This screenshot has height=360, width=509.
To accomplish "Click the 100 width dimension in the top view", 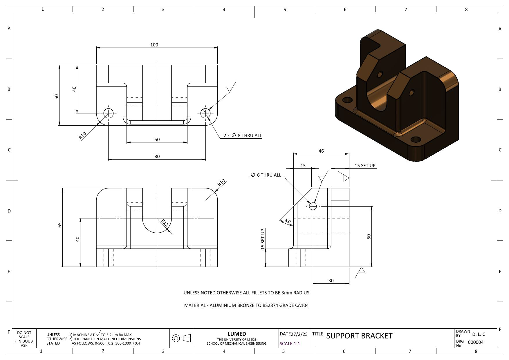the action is (154, 45).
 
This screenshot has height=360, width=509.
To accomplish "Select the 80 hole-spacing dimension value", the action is (157, 156).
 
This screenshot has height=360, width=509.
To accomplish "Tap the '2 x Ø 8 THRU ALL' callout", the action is (243, 135).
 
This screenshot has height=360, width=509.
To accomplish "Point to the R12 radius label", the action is (165, 223).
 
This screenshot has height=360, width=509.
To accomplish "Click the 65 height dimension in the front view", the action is (60, 225).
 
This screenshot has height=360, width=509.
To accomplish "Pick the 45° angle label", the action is (288, 221).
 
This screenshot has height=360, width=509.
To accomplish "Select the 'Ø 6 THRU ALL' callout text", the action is (266, 175).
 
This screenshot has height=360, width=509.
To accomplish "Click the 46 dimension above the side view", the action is (321, 151).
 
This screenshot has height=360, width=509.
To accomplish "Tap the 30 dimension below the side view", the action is (331, 281).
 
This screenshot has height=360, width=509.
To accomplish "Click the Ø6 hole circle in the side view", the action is (313, 206).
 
